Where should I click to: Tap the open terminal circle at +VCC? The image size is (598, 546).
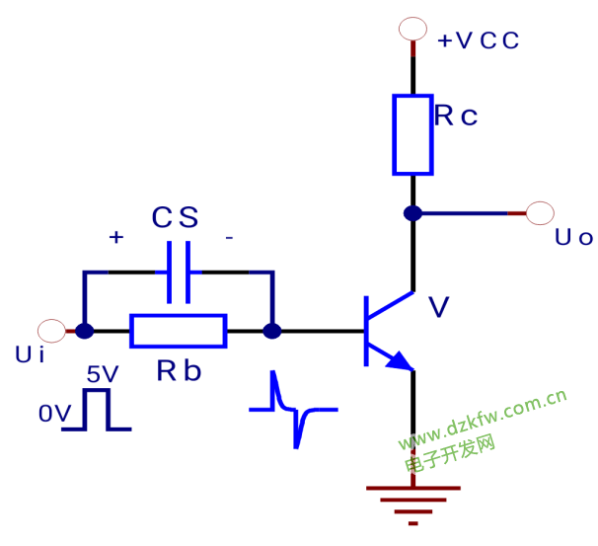tap(412, 30)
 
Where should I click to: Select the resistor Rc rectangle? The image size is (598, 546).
tap(412, 134)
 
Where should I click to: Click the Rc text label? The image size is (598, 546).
tap(456, 117)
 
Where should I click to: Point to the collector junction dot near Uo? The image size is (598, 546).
tap(412, 212)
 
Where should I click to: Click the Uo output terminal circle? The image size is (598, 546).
tap(541, 212)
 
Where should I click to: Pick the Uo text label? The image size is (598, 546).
tap(573, 237)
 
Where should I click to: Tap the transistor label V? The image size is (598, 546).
tap(439, 309)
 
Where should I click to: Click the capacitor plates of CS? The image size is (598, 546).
tap(179, 272)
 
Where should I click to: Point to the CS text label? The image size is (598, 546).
tap(175, 218)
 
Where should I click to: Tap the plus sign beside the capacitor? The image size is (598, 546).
tap(116, 238)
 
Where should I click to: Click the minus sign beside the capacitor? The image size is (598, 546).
tap(229, 238)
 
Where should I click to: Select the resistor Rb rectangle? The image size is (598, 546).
tap(179, 331)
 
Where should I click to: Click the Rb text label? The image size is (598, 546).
tap(179, 371)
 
